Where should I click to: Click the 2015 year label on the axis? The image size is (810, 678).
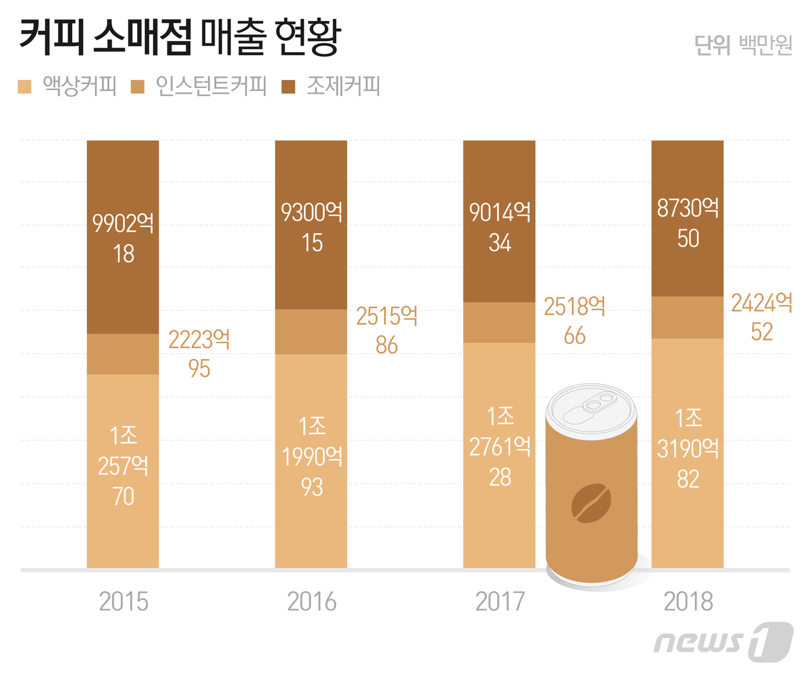(123, 602)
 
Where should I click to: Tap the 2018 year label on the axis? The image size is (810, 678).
(687, 602)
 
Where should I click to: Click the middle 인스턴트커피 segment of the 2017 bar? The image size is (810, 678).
(499, 322)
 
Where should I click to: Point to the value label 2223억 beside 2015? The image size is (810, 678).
(199, 340)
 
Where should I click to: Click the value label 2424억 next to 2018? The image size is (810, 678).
(761, 303)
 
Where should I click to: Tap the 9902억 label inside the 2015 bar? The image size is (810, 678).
(123, 223)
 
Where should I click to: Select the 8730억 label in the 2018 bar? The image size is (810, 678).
(687, 208)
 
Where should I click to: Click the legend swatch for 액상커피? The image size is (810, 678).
(24, 87)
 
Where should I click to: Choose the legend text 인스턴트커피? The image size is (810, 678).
(211, 86)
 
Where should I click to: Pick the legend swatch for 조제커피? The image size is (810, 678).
(288, 87)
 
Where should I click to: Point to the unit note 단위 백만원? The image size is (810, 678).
(743, 45)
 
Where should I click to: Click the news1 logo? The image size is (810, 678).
(723, 642)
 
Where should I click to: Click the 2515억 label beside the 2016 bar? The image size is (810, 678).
(386, 316)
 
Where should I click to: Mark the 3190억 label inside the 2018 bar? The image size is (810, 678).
(687, 449)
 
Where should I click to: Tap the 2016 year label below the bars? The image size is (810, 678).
(311, 602)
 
